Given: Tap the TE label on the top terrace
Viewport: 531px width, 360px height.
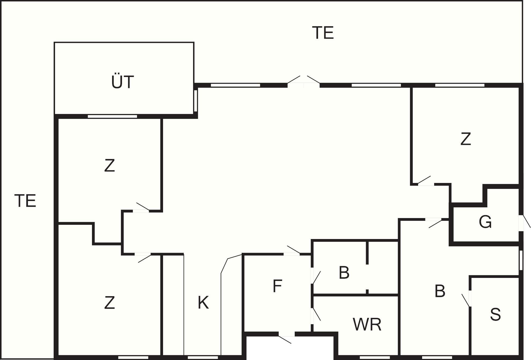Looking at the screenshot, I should (323, 33).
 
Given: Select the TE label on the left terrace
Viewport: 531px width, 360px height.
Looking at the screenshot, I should (25, 201).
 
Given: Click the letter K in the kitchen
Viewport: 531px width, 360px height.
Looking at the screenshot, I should (203, 303).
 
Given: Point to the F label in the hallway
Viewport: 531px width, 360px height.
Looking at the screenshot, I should (277, 286).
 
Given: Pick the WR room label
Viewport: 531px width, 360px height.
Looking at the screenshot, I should (367, 324).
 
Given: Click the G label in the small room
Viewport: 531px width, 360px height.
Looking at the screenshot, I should (485, 222).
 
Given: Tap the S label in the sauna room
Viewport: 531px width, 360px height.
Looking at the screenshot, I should (495, 314).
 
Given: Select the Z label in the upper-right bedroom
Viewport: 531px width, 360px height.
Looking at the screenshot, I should (466, 139).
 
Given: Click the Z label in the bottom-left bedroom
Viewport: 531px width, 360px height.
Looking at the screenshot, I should (109, 303).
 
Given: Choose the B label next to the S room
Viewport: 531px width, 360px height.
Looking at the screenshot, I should (440, 291).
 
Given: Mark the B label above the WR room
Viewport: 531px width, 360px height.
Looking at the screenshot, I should (344, 273).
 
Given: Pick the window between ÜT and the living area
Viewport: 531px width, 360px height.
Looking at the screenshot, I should (196, 101).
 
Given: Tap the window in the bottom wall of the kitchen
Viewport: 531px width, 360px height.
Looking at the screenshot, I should (202, 358).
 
